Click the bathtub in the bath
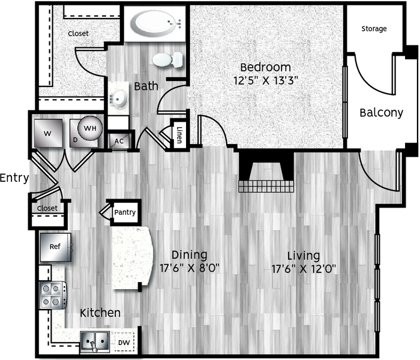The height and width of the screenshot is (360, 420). click(155, 23)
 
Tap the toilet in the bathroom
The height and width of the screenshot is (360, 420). click(167, 59)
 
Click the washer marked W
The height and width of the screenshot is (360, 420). click(48, 133)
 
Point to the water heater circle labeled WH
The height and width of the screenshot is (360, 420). click(90, 128)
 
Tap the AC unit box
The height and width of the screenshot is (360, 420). click(119, 141)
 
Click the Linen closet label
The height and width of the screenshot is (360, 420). click(179, 134)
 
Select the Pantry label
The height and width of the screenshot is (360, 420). click(125, 212)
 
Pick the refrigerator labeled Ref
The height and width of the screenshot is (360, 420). click(55, 247)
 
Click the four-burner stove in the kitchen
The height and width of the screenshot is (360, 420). click(53, 295)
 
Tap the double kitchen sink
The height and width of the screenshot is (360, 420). click(95, 341)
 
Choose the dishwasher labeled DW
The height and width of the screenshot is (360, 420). click(124, 342)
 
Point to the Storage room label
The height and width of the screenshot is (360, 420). click(374, 29)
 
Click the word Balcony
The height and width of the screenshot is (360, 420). click(382, 113)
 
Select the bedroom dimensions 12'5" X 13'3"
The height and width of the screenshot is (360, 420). click(266, 80)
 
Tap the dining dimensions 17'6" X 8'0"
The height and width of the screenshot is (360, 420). click(190, 268)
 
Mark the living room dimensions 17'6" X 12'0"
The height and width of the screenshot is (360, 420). click(304, 269)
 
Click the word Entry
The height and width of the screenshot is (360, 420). click(14, 178)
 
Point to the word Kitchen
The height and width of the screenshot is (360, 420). click(100, 313)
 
